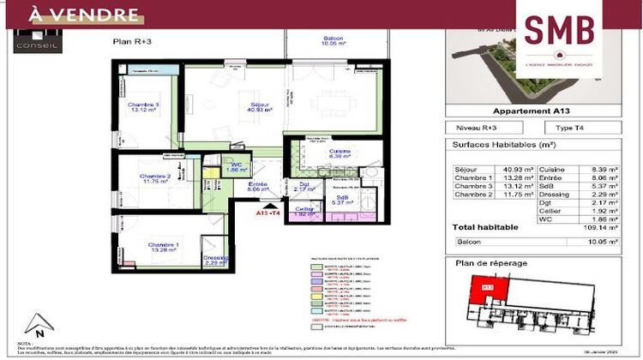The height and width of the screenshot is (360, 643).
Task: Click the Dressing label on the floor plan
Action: (x=215, y=260)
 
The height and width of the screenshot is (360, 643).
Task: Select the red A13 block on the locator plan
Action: (x=486, y=286)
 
